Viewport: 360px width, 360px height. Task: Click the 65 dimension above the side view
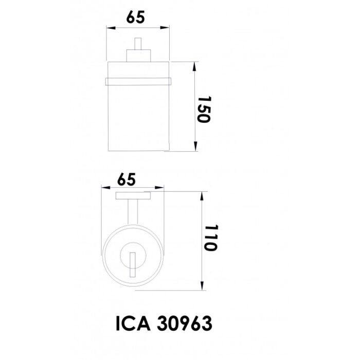(135, 17)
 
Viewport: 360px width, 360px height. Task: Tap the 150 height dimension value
(204, 110)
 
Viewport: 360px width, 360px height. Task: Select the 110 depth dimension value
(210, 238)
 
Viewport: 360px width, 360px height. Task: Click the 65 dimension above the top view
(127, 179)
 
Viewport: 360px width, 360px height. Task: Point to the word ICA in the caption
(133, 323)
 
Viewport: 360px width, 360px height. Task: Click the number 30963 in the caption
(184, 323)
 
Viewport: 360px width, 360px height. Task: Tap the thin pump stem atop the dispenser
(138, 44)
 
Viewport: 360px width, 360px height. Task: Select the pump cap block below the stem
(138, 56)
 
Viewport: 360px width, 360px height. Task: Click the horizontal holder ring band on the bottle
(138, 81)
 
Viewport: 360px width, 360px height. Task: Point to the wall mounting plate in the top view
(133, 196)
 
